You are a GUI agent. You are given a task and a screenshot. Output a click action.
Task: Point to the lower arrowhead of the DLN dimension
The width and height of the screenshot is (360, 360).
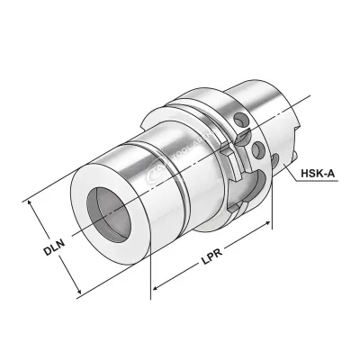point(81,294)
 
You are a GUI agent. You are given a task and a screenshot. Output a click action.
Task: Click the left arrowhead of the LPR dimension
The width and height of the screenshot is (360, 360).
point(154,290)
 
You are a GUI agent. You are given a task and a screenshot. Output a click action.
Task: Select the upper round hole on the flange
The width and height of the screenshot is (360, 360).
point(241,116)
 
